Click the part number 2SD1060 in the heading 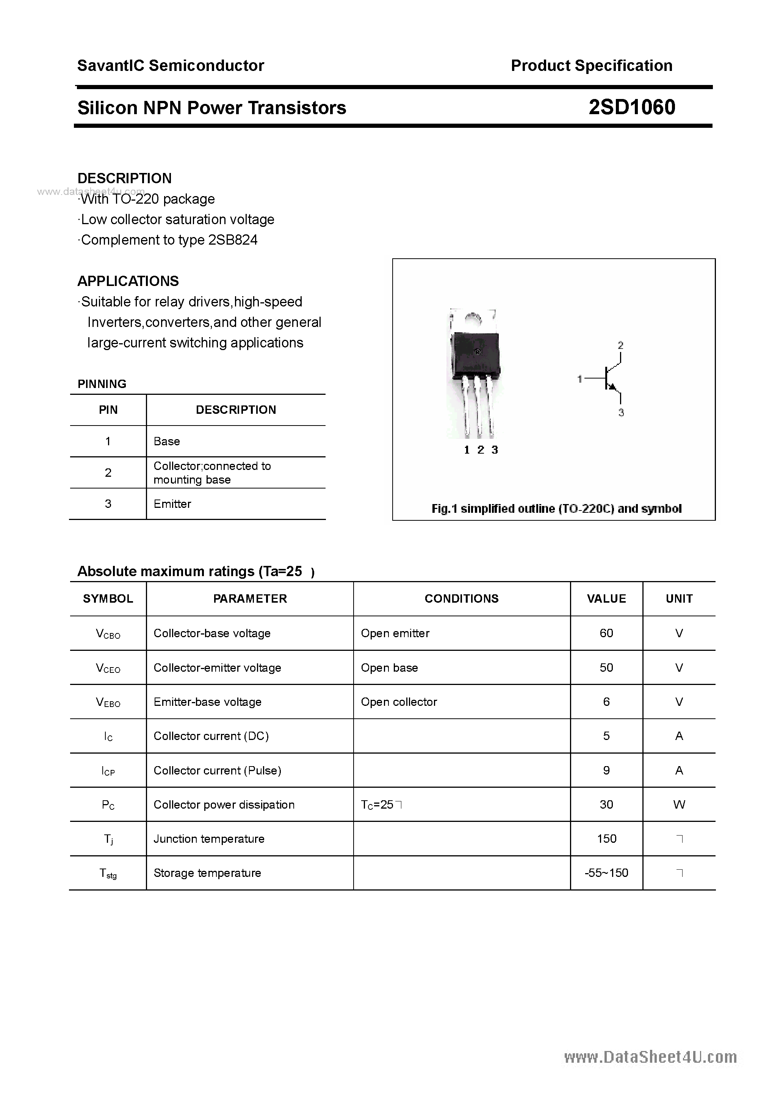(631, 107)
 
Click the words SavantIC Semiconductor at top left (171, 66)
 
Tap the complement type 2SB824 (233, 240)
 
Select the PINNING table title (102, 384)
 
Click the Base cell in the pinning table (166, 441)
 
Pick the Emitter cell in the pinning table (172, 504)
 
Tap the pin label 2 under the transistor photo (480, 450)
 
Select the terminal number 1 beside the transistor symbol (580, 379)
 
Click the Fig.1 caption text (556, 509)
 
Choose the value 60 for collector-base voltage (606, 633)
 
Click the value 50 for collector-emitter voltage (606, 668)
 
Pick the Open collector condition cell (399, 702)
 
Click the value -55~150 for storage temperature (606, 873)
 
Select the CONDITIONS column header (462, 598)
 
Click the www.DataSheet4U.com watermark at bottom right (650, 1057)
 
